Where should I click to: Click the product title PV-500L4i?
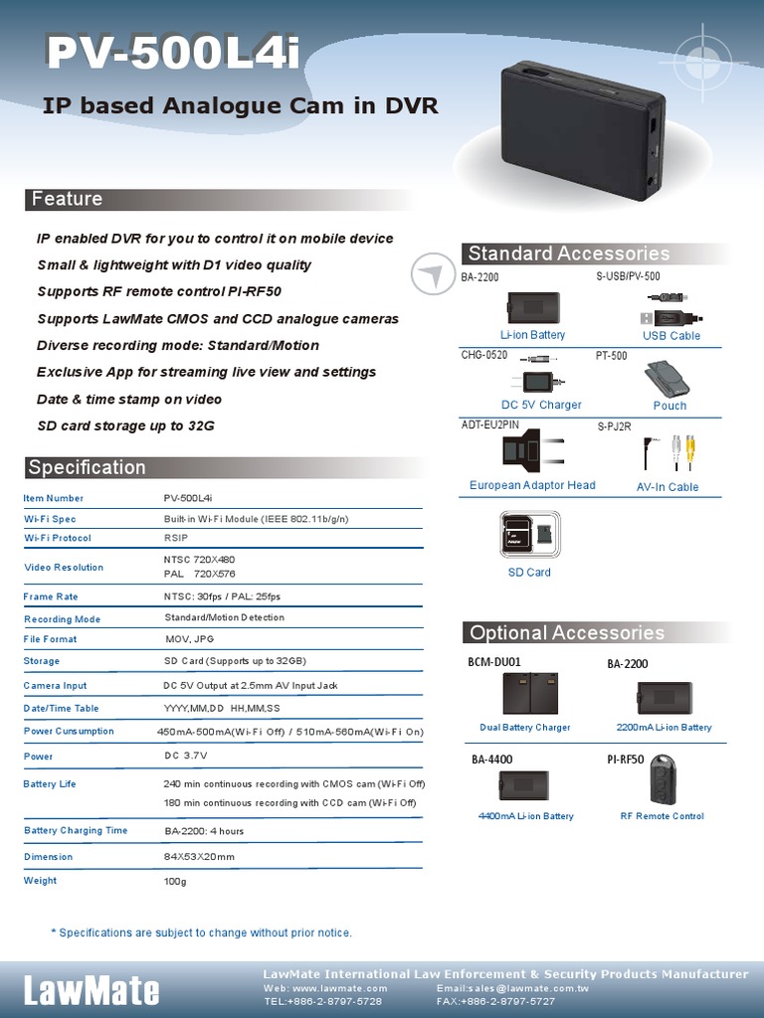172,53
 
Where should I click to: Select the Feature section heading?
67,199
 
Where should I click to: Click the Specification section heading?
87,467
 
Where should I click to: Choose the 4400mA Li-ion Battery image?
524,785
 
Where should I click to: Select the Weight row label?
41,881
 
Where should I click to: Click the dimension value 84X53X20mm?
199,857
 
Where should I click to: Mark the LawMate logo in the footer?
92,990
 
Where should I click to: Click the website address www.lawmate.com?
339,989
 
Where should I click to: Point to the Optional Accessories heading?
566,633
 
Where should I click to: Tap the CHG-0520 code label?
484,355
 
